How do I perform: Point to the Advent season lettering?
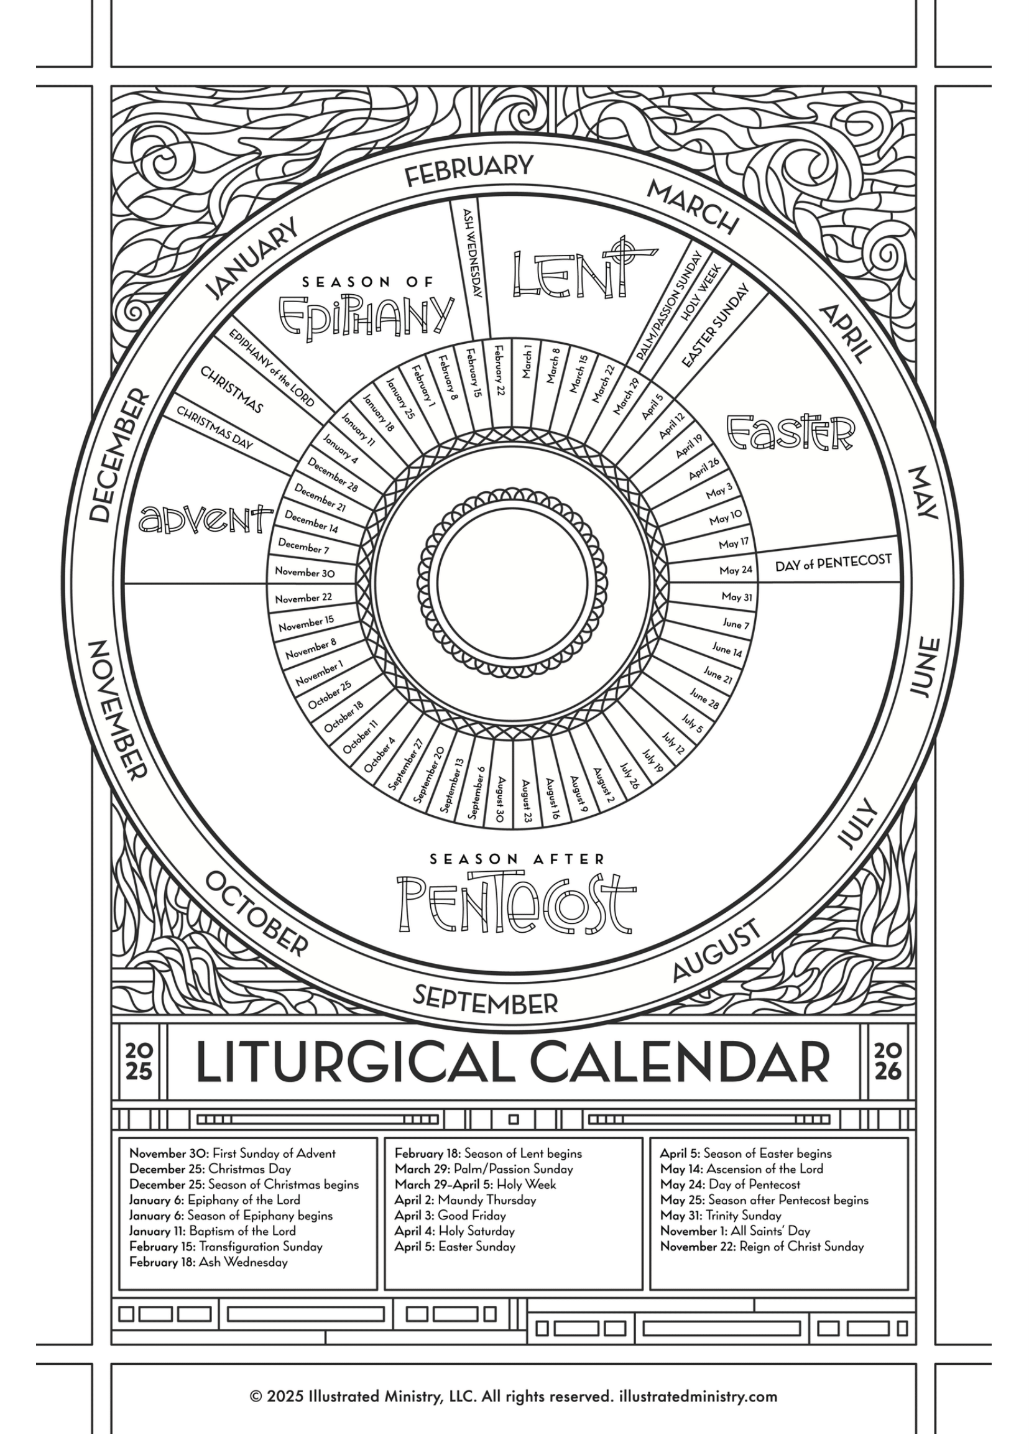[205, 519]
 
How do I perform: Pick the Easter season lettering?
[790, 432]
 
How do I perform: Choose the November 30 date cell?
[305, 572]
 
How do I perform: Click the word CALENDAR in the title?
[679, 1063]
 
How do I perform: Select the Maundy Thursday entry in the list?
[465, 1200]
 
